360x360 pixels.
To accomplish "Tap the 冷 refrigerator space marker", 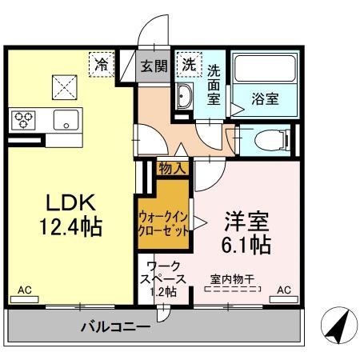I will coord(102,62).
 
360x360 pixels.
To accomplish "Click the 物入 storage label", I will coord(172,168).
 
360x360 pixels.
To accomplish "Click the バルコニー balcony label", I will coord(115,326).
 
